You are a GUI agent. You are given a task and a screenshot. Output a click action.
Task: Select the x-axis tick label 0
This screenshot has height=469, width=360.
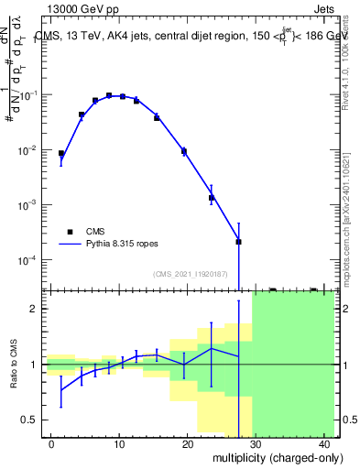coord(51,444)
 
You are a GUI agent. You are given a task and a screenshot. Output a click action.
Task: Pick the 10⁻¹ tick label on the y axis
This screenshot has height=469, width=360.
coord(31,95)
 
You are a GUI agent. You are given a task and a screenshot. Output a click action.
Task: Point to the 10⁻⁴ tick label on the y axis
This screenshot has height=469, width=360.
coord(31,260)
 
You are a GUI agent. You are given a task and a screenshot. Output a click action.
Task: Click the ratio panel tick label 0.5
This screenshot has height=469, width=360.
coord(31,420)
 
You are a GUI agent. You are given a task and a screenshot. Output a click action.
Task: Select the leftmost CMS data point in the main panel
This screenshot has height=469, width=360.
coord(61,154)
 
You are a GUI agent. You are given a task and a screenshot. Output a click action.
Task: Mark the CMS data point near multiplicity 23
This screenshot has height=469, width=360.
coord(212,198)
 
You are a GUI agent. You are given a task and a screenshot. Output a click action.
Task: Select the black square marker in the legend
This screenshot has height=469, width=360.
coord(70,232)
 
